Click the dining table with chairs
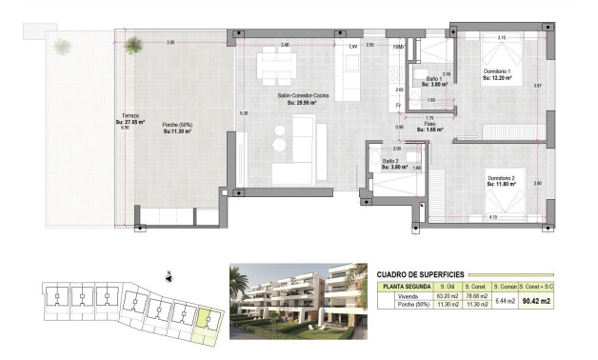point(276,65)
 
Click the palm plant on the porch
point(133,43)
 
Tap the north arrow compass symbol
point(168,279)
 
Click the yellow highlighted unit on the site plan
point(204,323)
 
